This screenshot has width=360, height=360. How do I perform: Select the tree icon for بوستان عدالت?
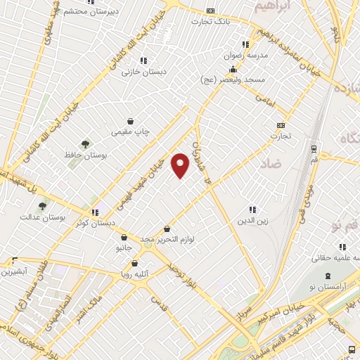pyautogui.click(x=42, y=206)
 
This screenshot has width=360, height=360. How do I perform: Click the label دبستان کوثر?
pyautogui.click(x=98, y=223)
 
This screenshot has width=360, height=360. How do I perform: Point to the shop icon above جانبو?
pyautogui.click(x=124, y=237)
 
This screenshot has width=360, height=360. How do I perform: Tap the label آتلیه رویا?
pyautogui.click(x=136, y=274)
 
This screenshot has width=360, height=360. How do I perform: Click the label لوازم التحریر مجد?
pyautogui.click(x=167, y=240)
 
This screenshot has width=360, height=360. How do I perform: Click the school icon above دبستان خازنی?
pyautogui.click(x=143, y=60)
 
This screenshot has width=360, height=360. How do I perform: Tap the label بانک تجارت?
pyautogui.click(x=210, y=21)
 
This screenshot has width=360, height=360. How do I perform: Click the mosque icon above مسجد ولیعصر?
pyautogui.click(x=233, y=69)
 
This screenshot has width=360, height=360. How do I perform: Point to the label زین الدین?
pyautogui.click(x=252, y=221)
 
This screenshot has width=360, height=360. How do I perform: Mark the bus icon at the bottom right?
pyautogui.click(x=352, y=349)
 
